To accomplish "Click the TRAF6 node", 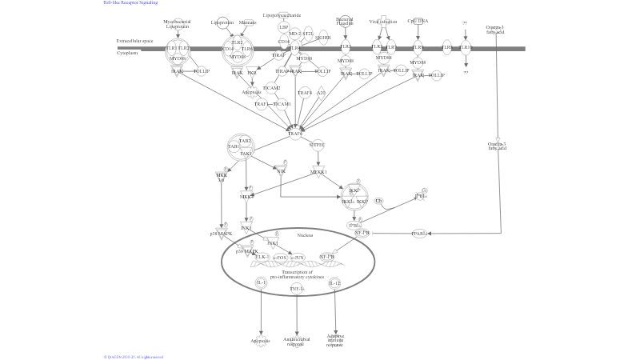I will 295,134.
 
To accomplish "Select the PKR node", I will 252,73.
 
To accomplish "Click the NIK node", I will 282,171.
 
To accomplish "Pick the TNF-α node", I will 297,288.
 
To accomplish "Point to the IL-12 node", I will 335,283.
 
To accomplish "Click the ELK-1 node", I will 262,257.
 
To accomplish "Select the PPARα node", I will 419,234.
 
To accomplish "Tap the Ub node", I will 379,200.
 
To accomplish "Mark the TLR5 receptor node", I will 346,47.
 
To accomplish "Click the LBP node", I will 283,27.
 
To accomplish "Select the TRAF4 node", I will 304,93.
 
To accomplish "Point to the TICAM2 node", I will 272,88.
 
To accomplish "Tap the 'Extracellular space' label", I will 130,40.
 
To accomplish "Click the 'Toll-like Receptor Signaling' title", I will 130,2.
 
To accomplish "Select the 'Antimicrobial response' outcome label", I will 297,341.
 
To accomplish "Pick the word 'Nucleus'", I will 305,235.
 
